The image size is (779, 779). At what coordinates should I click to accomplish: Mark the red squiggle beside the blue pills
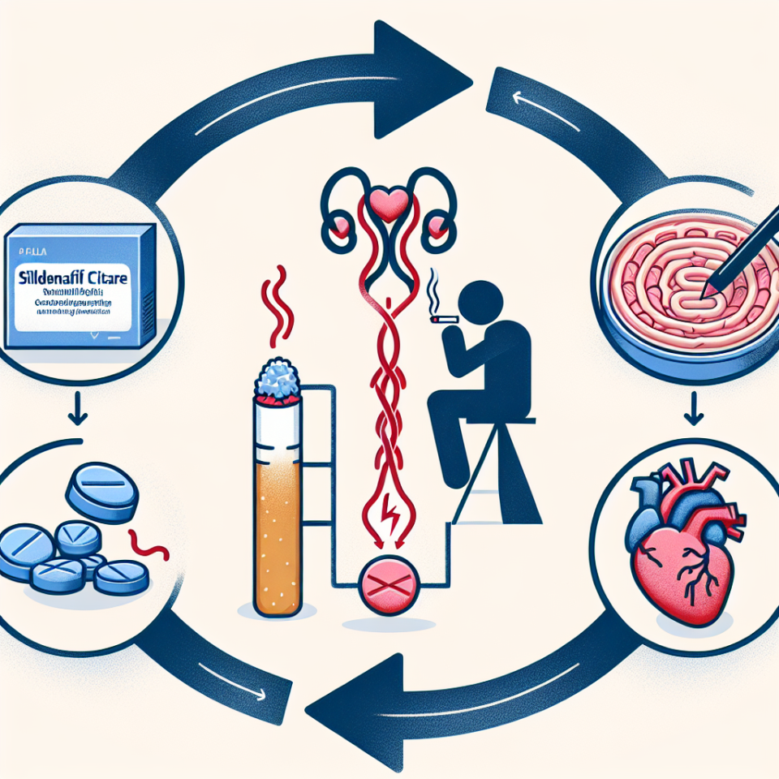pos(150,546)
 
